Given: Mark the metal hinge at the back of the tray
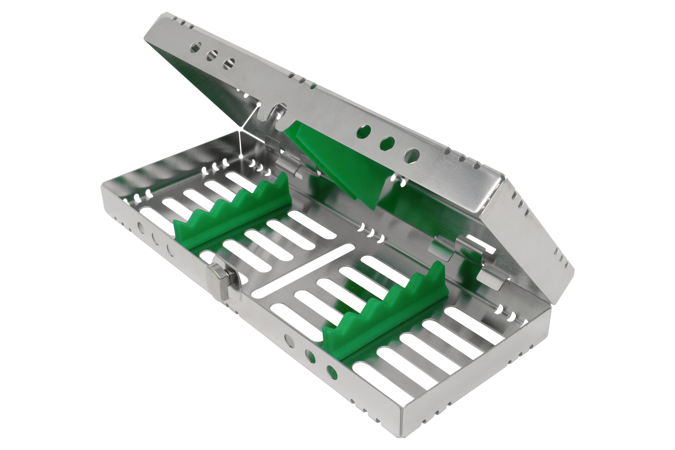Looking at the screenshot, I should pyautogui.click(x=290, y=169).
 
